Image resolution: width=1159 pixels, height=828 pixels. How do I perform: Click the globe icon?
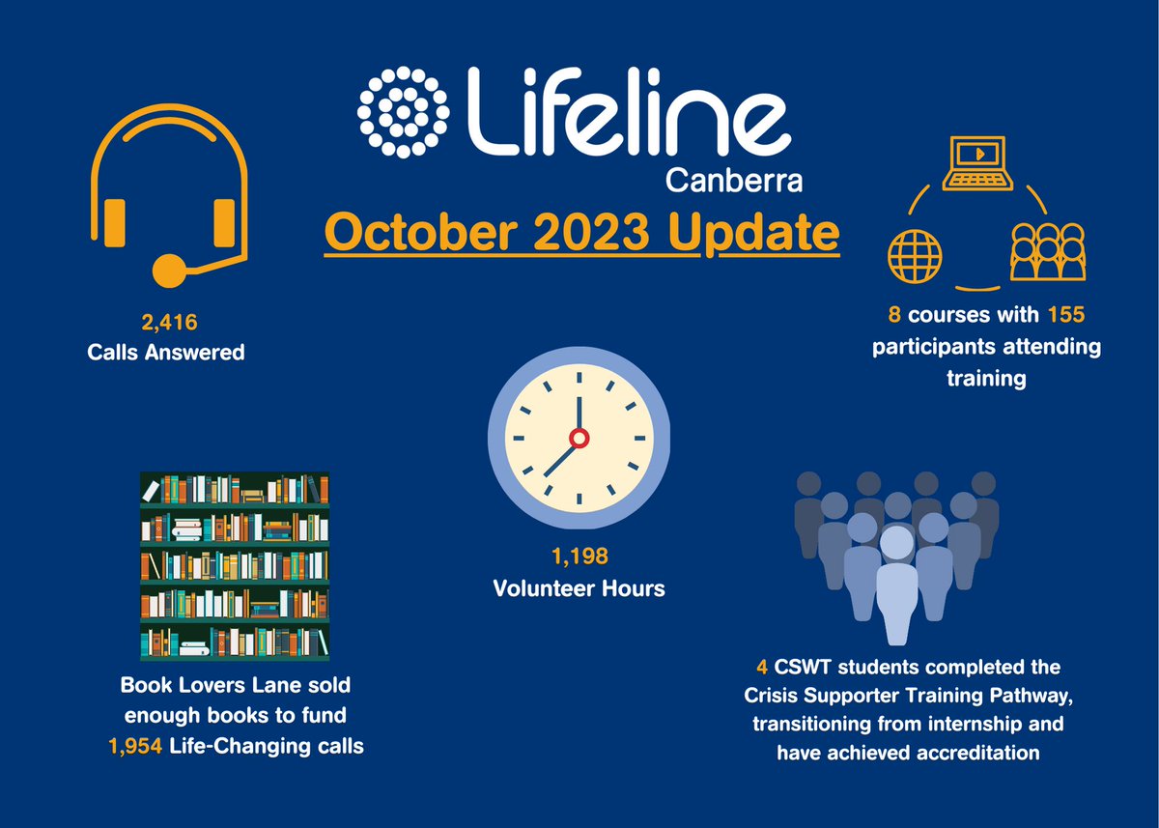click(913, 255)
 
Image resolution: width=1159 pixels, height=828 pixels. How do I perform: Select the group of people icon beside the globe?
click(1047, 252)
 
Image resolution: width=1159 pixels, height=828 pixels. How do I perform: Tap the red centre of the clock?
click(579, 439)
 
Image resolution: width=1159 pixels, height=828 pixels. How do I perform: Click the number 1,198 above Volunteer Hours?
click(579, 557)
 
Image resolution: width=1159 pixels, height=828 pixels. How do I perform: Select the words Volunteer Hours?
click(579, 587)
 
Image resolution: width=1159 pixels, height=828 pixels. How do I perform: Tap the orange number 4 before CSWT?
click(762, 668)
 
